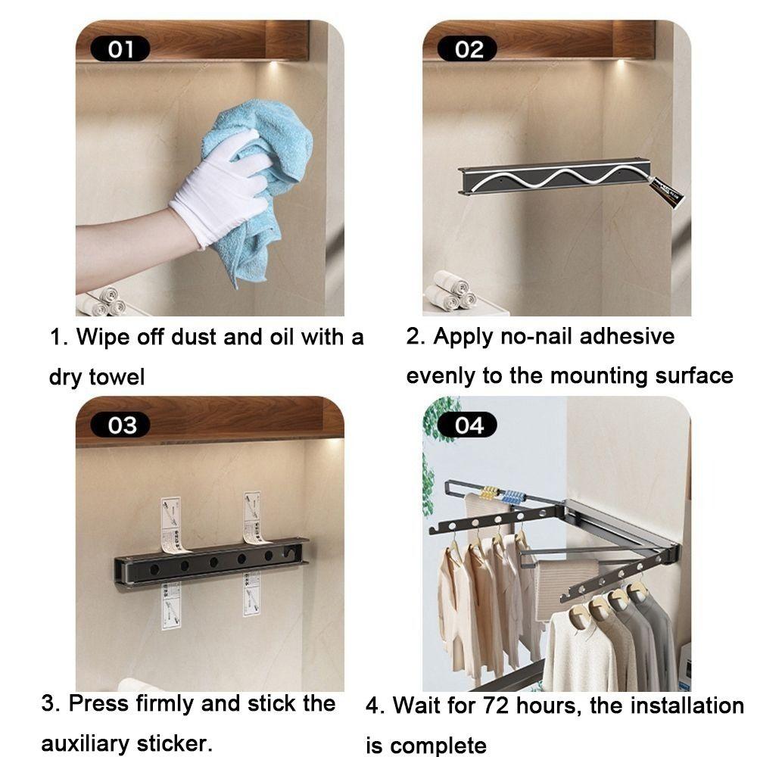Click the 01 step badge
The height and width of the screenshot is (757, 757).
point(120,50)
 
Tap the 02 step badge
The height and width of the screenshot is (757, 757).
point(469,50)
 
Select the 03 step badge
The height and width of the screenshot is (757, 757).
point(121,425)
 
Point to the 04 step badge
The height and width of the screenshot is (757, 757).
point(469,425)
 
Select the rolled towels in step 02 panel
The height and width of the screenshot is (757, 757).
point(450,291)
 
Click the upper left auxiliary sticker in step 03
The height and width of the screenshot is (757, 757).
point(173,524)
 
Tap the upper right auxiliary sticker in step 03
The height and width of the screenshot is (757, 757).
point(253,518)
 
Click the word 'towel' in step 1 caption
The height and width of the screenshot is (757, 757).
point(117,377)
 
